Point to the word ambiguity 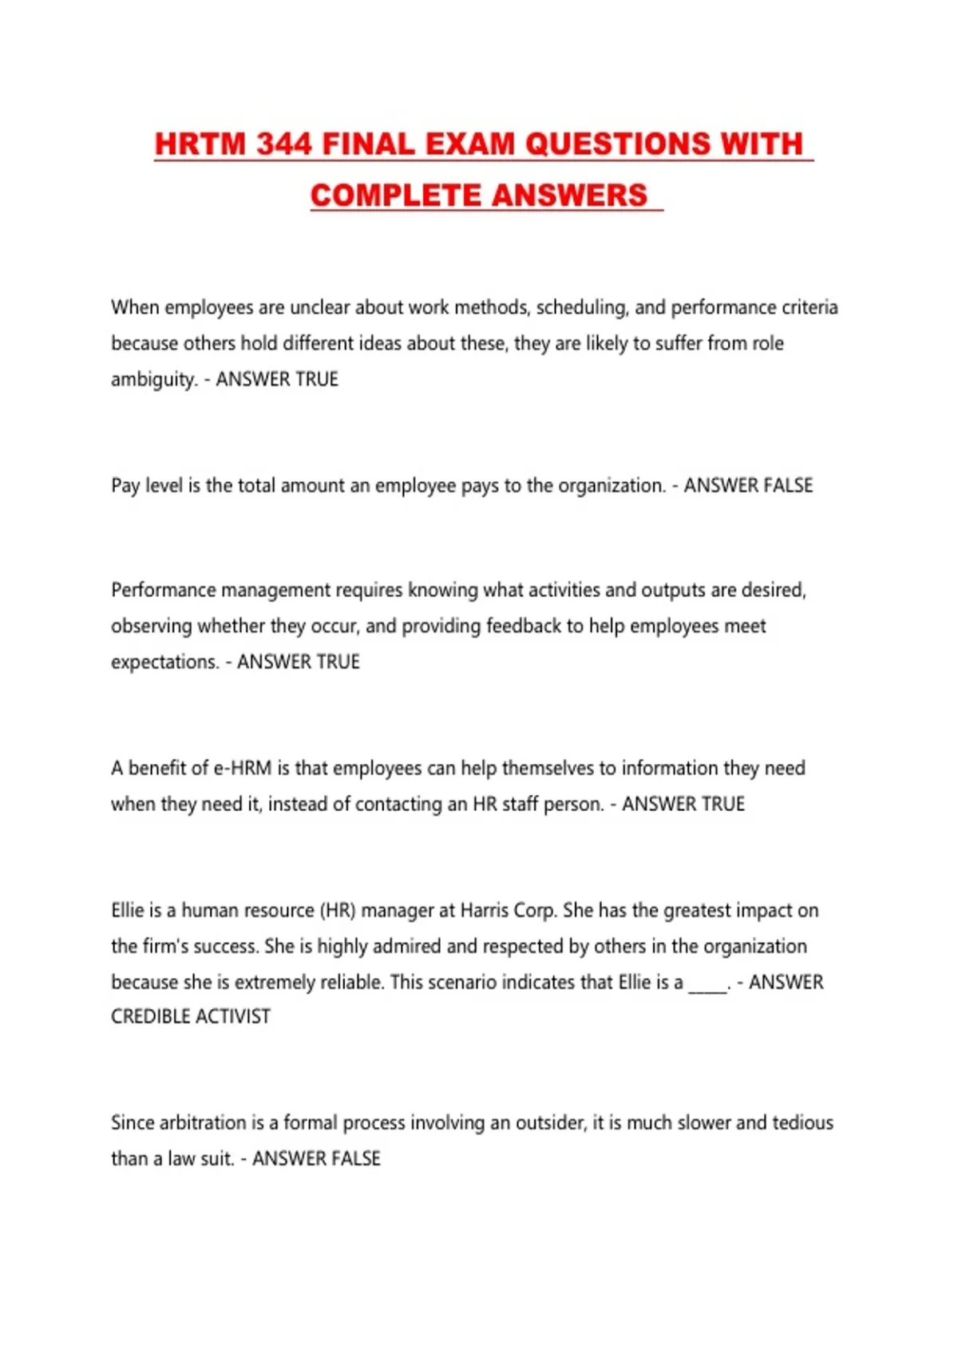(153, 379)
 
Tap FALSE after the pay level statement (787, 485)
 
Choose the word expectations (164, 662)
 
